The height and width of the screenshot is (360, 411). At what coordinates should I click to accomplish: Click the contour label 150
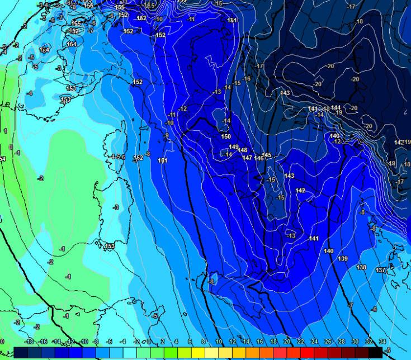(226, 136)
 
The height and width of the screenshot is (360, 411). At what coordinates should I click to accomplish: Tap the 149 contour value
(234, 147)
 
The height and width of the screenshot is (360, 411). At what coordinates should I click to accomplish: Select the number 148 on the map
(242, 150)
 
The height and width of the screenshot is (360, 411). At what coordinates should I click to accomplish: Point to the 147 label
(247, 158)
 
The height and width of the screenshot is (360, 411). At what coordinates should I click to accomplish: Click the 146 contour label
(259, 159)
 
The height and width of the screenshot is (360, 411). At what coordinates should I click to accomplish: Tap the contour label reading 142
(300, 191)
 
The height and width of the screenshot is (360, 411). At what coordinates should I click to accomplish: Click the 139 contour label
(343, 258)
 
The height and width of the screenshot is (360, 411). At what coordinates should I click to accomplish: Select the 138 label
(361, 267)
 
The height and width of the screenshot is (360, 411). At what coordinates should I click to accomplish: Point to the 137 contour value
(380, 271)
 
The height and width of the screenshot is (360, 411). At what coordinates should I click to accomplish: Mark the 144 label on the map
(336, 107)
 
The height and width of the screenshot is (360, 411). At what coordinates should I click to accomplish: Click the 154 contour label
(72, 44)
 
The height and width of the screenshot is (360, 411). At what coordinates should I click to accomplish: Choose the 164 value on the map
(44, 50)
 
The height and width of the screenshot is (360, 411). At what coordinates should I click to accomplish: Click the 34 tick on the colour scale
(382, 342)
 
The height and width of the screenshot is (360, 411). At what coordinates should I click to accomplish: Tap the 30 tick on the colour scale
(355, 342)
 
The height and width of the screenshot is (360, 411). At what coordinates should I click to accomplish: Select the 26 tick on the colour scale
(328, 342)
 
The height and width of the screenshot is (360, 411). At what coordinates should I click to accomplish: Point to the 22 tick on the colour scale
(300, 342)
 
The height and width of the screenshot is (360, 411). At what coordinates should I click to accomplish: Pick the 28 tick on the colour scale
(342, 342)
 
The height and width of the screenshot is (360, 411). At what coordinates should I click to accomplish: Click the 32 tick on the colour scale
(369, 342)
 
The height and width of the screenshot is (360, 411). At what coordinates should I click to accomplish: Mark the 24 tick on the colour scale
(314, 342)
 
